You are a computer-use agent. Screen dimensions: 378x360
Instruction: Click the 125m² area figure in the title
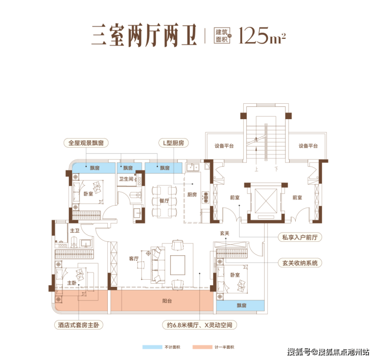[262, 35]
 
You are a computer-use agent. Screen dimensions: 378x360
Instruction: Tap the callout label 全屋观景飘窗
[86, 143]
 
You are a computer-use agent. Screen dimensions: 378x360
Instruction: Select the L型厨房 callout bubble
[174, 143]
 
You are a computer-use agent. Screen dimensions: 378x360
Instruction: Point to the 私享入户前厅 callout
[300, 237]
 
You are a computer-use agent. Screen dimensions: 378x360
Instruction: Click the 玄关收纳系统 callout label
[300, 263]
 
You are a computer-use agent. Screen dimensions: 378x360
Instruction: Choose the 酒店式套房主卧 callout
[79, 325]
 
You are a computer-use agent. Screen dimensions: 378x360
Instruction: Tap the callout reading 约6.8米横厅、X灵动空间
[200, 325]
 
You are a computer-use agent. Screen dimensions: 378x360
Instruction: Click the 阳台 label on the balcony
[167, 301]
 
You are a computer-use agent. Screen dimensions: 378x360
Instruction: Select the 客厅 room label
[134, 259]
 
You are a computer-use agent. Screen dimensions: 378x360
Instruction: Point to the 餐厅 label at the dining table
[164, 201]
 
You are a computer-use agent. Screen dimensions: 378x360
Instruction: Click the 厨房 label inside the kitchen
[192, 194]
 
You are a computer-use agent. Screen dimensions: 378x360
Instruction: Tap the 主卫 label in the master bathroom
[75, 231]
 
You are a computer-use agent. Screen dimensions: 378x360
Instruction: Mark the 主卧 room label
[72, 283]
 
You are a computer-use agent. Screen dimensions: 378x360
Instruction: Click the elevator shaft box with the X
[266, 201]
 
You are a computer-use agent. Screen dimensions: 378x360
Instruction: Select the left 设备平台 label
[224, 146]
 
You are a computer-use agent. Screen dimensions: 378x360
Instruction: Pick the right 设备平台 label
[308, 146]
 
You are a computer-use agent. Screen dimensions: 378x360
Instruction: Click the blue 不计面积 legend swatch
[152, 347]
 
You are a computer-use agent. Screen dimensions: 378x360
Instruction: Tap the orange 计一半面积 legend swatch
[202, 347]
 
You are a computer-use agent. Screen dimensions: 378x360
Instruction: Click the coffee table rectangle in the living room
[178, 265]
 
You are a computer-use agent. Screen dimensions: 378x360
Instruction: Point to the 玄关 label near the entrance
[224, 233]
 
